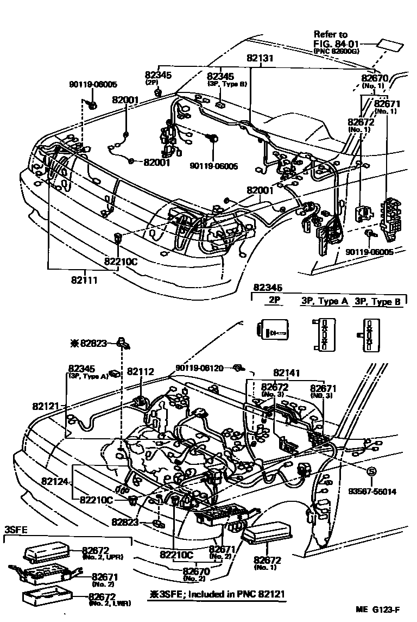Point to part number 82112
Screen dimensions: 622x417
pyautogui.click(x=141, y=372)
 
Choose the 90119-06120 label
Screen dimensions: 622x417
pyautogui.click(x=200, y=368)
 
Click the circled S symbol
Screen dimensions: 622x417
pyautogui.click(x=372, y=471)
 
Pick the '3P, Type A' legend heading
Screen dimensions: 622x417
pyautogui.click(x=324, y=301)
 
